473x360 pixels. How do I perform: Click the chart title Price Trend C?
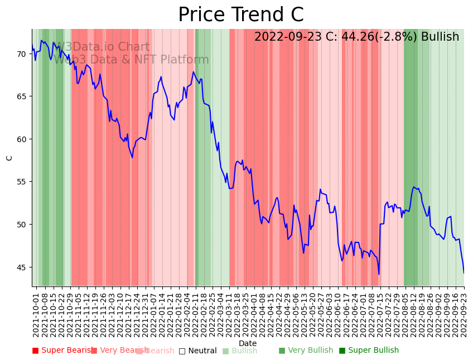[x=240, y=14]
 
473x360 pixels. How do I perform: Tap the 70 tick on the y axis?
[x=21, y=54]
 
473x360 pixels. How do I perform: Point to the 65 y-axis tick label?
[x=21, y=96]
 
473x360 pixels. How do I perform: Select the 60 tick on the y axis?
[x=21, y=139]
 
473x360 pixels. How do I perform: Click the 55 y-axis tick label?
[x=21, y=182]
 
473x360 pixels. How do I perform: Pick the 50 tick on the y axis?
[x=21, y=225]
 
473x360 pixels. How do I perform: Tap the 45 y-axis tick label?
[x=21, y=267]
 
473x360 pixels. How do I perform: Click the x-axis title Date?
[x=248, y=343]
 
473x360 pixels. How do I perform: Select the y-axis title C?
[x=9, y=158]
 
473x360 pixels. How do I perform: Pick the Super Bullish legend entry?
[x=369, y=351]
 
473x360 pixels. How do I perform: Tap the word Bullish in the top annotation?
[x=440, y=37]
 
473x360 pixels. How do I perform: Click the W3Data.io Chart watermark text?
[x=102, y=47]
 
